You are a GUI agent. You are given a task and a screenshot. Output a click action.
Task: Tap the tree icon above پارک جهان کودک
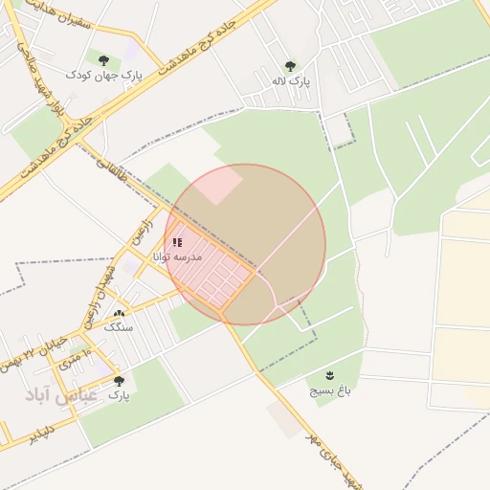pos(103,59)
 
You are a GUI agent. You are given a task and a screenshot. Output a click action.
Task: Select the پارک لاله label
pos(290,81)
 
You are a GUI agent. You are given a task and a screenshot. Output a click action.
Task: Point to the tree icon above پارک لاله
pos(290,66)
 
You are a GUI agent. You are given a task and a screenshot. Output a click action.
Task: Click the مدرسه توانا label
pos(177,256)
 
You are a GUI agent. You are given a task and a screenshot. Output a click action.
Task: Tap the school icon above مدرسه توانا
pos(177,242)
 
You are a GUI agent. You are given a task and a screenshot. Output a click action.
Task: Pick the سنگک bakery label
pos(120,327)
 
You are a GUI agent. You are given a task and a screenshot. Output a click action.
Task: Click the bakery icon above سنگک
pos(119,314)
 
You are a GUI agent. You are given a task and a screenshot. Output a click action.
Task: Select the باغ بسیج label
pos(331,390)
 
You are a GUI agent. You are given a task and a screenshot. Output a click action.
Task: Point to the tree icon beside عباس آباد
pos(119,381)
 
